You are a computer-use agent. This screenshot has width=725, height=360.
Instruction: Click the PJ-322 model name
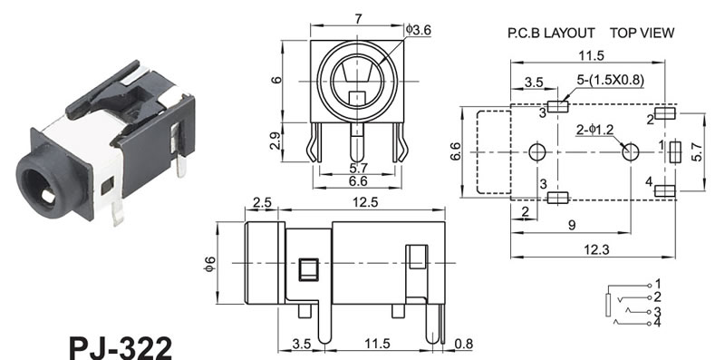click(121, 347)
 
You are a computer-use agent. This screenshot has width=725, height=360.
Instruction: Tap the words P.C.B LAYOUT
click(551, 33)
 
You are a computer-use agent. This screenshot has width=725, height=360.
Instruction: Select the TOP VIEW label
click(642, 33)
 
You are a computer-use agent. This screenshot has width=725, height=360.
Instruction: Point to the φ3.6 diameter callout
click(419, 30)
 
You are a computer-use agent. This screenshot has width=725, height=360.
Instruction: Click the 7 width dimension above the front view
click(358, 19)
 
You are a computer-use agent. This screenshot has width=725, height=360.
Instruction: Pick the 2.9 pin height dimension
click(275, 141)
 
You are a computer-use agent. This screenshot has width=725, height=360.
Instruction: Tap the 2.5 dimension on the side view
click(262, 203)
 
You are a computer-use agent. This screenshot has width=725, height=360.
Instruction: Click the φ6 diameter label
click(210, 263)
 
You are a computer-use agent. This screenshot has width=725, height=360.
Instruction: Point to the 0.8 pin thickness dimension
click(464, 344)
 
